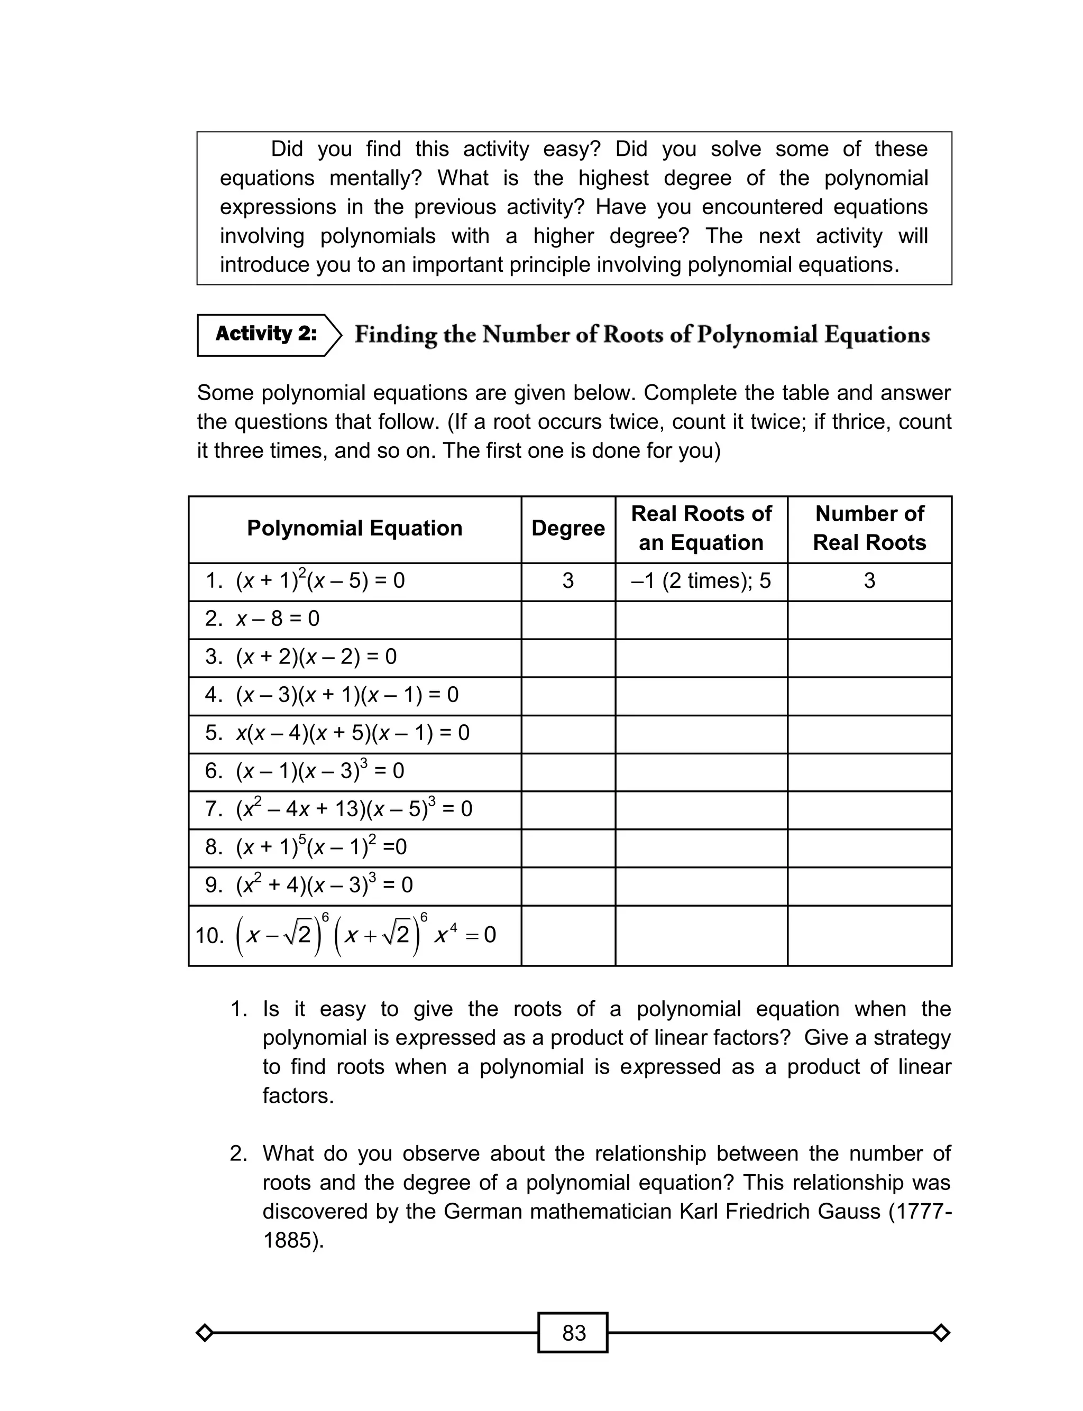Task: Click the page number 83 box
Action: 573,1332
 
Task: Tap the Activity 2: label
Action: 265,334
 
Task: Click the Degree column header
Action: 567,528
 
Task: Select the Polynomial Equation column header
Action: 354,528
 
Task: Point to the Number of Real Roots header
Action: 869,528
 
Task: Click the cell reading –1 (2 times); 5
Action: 701,581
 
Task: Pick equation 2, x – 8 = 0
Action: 277,619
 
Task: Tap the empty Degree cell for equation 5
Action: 567,733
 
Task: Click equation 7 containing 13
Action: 353,808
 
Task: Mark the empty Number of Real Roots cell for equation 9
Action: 869,886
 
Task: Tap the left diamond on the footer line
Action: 204,1332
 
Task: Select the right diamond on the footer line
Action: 941,1332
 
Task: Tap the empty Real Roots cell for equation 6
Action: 701,771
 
